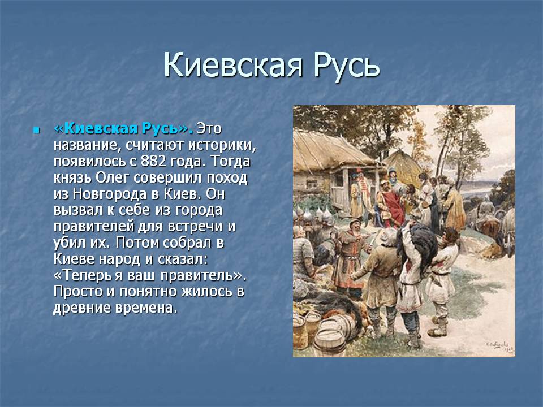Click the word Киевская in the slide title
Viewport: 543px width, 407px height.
click(232, 65)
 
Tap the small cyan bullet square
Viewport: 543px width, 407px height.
click(36, 131)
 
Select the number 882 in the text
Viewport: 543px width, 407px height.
click(154, 161)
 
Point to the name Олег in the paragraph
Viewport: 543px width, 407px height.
click(113, 178)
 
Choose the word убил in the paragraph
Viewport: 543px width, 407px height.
click(68, 243)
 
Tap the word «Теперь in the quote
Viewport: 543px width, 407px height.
click(83, 275)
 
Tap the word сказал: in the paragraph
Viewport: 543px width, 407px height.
click(183, 259)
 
